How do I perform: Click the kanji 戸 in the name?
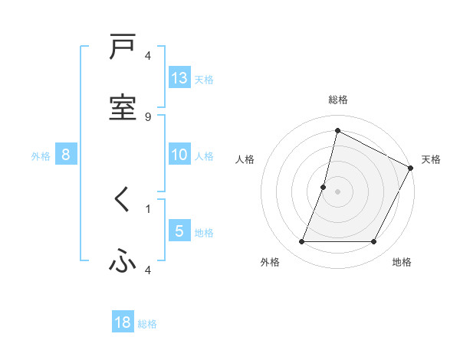tap(123, 47)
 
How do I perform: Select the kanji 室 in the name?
tap(123, 107)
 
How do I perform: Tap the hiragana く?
tap(122, 201)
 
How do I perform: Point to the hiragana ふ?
tap(123, 261)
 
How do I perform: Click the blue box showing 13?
tap(179, 77)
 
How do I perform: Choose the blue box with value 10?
tap(179, 155)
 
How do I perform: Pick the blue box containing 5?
tap(179, 231)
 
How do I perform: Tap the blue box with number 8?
tap(66, 155)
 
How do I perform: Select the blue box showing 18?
tap(123, 322)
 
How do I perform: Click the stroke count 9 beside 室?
tap(148, 117)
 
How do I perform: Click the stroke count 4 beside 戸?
tap(148, 56)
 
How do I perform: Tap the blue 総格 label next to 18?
tap(147, 324)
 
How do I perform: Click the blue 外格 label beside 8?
tap(41, 156)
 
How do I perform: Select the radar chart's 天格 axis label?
tap(431, 159)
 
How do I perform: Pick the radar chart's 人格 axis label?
tap(245, 159)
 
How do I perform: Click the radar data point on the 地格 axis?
tap(374, 242)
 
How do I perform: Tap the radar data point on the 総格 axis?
tap(337, 130)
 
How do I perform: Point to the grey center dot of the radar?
tap(337, 191)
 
